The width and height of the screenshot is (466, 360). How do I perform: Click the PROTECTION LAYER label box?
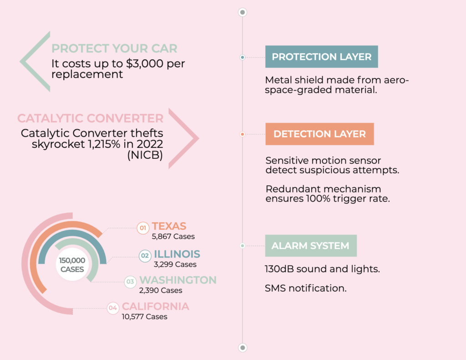tap(322, 56)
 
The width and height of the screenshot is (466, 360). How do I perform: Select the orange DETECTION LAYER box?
tap(319, 134)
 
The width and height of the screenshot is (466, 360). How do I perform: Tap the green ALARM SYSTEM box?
tap(311, 246)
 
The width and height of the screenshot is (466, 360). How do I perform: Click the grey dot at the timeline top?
tap(243, 12)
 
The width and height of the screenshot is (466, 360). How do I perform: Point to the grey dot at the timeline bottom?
tap(243, 348)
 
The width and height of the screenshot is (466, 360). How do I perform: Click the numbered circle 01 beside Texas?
tap(143, 228)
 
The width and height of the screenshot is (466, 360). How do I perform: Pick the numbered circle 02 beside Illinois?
tap(145, 256)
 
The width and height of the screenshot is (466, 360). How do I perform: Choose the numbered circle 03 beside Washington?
tap(130, 282)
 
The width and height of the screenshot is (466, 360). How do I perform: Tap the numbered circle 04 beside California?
tap(113, 308)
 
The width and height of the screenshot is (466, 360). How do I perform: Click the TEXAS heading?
tap(169, 226)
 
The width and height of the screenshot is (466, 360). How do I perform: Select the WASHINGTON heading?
tap(178, 280)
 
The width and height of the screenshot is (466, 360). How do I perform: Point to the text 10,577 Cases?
tap(144, 317)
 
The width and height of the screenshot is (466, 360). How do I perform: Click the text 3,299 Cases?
tap(175, 264)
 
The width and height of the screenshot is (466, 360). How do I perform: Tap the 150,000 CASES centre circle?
tap(72, 264)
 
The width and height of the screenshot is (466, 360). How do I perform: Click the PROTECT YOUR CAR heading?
tap(114, 48)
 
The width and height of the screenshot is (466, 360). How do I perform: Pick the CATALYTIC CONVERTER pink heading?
tap(91, 118)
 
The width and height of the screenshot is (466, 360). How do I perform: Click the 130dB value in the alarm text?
tap(279, 269)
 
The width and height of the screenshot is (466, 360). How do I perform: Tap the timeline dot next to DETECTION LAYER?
tap(243, 134)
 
